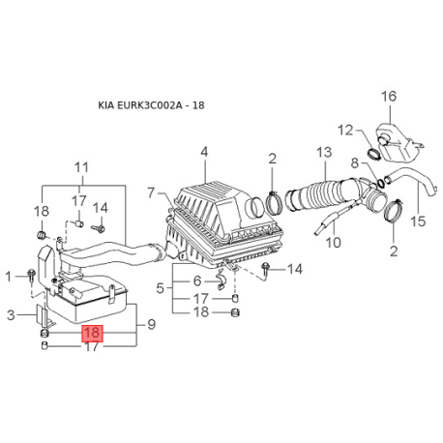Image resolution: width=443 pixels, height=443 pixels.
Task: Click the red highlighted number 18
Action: pos(93,334)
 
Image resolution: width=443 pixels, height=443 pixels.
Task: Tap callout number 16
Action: pos(389,96)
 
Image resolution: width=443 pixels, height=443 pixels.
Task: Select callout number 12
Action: pos(345,129)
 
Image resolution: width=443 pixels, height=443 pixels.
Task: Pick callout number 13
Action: pos(323,152)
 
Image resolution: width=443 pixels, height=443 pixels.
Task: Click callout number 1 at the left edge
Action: pos(10,277)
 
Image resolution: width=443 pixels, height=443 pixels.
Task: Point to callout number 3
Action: pos(12,314)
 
